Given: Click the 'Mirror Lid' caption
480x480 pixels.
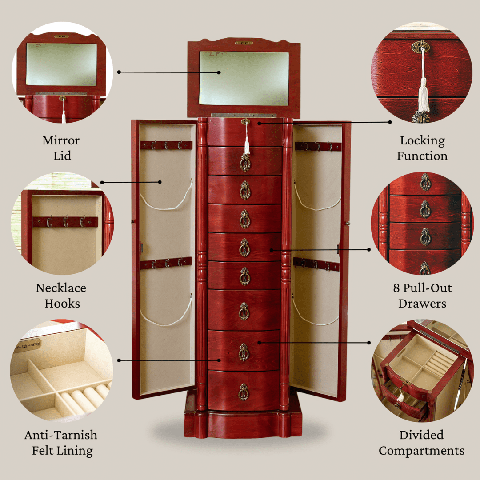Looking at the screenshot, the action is pyautogui.click(x=61, y=148).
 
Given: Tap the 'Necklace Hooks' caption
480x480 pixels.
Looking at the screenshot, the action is pyautogui.click(x=61, y=296).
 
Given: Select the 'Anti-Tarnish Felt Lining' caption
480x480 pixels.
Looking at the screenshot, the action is pyautogui.click(x=61, y=443).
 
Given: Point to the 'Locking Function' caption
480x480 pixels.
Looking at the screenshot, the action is pyautogui.click(x=422, y=148).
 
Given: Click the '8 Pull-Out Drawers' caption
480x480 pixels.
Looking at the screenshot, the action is pyautogui.click(x=423, y=296).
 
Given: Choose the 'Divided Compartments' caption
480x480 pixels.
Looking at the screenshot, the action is pyautogui.click(x=421, y=443).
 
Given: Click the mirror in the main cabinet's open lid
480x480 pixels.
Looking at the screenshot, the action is pyautogui.click(x=244, y=78).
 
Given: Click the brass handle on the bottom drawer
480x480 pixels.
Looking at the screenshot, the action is pyautogui.click(x=244, y=392).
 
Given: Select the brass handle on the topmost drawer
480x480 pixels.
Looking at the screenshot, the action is pyautogui.click(x=245, y=162).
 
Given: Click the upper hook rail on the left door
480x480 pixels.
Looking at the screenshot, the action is pyautogui.click(x=166, y=145).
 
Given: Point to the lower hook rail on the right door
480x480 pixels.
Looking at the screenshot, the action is pyautogui.click(x=316, y=264).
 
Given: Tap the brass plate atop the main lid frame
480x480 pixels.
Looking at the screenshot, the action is pyautogui.click(x=244, y=43).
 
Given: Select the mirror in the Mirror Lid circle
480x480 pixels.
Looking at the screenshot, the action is pyautogui.click(x=61, y=64).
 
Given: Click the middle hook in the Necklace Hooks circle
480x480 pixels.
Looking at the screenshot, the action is pyautogui.click(x=66, y=221).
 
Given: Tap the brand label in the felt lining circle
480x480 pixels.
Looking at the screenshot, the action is pyautogui.click(x=27, y=346).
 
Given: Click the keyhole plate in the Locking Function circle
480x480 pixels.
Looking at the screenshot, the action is pyautogui.click(x=420, y=47).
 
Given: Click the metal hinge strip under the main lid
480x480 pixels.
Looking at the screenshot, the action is pyautogui.click(x=244, y=115).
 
